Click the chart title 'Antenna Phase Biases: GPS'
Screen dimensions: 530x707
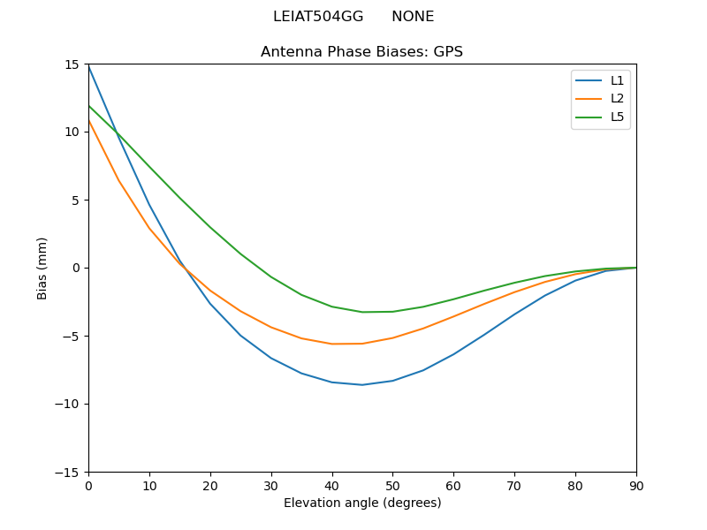click(x=361, y=52)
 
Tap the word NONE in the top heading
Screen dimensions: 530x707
click(x=413, y=17)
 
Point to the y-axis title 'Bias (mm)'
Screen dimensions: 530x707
click(x=42, y=268)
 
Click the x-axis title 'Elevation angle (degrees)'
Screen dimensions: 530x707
click(x=362, y=503)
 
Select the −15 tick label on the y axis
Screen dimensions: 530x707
click(x=68, y=473)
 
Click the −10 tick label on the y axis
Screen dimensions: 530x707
click(x=68, y=405)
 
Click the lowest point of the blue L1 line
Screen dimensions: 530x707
click(x=362, y=385)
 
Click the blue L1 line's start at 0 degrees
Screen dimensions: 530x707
click(x=88, y=66)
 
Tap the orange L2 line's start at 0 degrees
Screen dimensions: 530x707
click(x=88, y=120)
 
